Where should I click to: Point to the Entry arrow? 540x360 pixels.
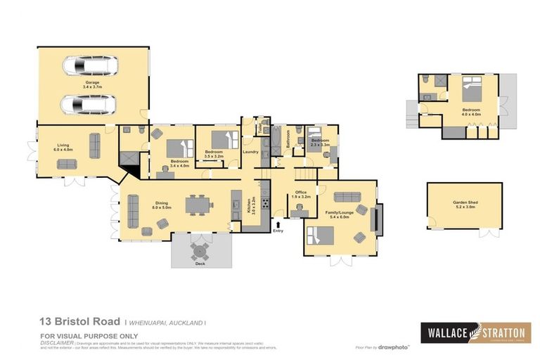278,224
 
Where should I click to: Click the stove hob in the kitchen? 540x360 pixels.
266,205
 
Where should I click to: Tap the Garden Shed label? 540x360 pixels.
464,203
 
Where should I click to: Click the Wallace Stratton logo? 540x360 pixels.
475,332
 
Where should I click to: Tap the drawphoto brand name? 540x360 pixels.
395,347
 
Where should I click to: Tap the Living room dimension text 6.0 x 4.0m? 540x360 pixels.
64,149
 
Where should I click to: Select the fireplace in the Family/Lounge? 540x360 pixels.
378,219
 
